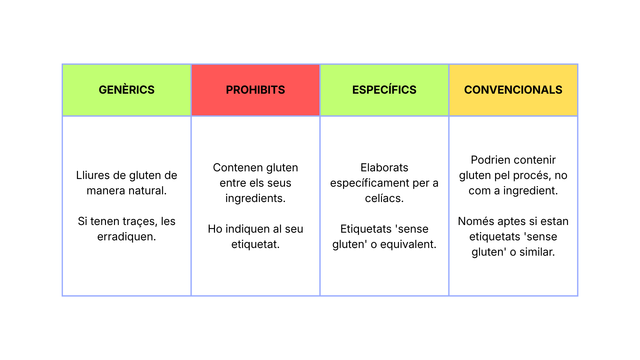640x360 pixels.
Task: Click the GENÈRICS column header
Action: coord(127,90)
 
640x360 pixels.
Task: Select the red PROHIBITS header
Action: coord(256,90)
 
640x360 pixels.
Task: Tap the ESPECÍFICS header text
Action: coord(384,90)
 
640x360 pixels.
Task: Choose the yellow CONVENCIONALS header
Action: coord(513,90)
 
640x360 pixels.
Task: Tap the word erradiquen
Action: coord(127,237)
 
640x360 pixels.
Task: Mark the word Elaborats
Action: coord(384,167)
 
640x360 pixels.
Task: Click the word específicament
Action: coord(370,183)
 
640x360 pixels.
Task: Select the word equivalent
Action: coord(408,244)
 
